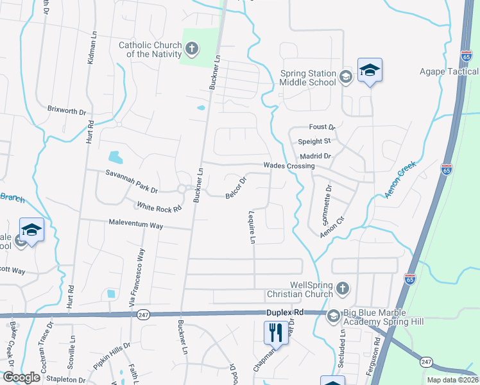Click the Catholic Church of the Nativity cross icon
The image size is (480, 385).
(191, 49)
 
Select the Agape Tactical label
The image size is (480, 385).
(449, 71)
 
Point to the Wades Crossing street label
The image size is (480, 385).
(289, 166)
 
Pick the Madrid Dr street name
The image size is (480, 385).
(315, 156)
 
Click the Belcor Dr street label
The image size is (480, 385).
(236, 187)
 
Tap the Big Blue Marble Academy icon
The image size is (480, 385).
(333, 316)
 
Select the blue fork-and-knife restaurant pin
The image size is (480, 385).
(276, 332)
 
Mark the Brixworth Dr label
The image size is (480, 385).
(67, 110)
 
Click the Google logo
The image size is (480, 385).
(21, 377)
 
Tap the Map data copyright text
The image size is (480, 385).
(452, 380)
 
